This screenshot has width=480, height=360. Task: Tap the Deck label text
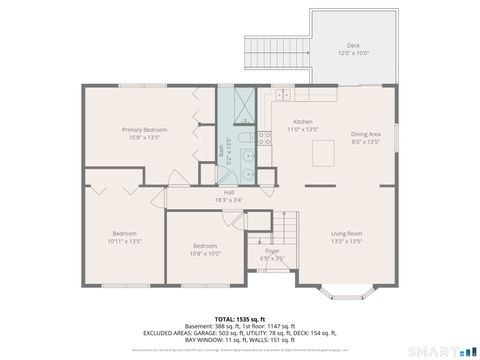point(352,45)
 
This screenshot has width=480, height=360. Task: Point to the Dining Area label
point(366,134)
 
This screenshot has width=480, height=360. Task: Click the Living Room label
point(346,234)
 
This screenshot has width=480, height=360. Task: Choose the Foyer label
point(272,251)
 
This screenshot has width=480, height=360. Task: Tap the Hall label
point(229,192)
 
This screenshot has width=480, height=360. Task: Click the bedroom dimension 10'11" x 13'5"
point(126,241)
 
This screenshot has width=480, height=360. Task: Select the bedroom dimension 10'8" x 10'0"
point(205,253)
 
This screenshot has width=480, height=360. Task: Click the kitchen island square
point(324,152)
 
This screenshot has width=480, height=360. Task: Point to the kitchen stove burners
point(265,139)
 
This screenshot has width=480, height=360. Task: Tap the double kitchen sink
point(283,96)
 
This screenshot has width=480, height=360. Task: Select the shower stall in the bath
point(244,104)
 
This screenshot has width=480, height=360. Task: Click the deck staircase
point(276,50)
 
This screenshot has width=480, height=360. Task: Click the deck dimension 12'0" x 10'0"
point(352,53)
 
